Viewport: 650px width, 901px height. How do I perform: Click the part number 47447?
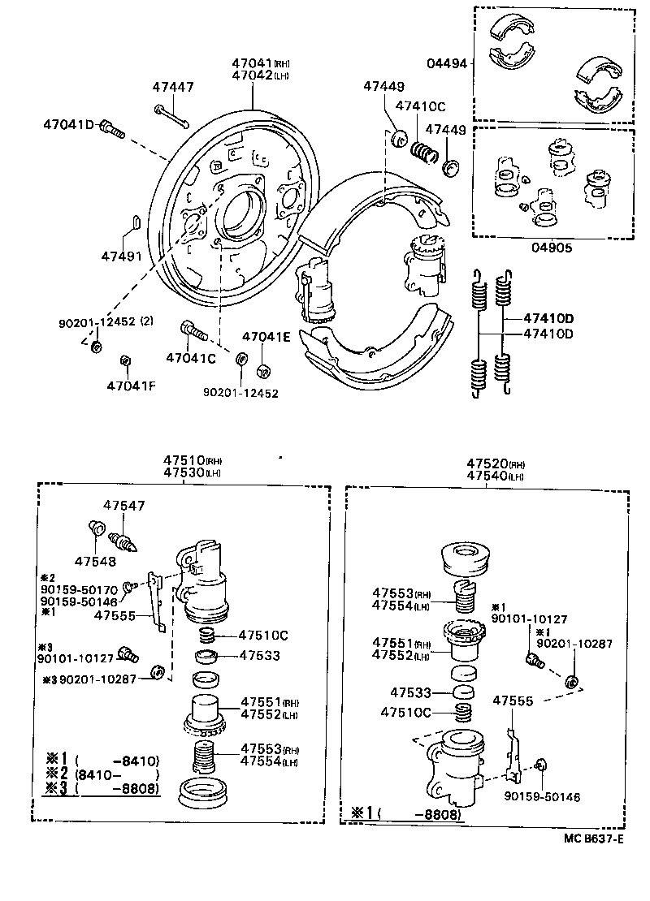pyautogui.click(x=174, y=87)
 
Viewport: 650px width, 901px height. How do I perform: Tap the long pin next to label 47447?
pyautogui.click(x=171, y=115)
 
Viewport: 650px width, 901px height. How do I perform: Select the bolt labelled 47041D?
pyautogui.click(x=112, y=127)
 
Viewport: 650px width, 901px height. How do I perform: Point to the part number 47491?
pyautogui.click(x=122, y=256)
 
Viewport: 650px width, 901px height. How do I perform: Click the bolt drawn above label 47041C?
pyautogui.click(x=193, y=330)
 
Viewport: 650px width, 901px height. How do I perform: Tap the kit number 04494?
pyautogui.click(x=446, y=64)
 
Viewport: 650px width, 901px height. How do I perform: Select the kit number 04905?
pyautogui.click(x=552, y=248)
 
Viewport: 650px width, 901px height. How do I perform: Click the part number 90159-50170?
pyautogui.click(x=79, y=589)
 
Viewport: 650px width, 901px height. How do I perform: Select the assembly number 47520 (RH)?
pyautogui.click(x=496, y=463)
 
